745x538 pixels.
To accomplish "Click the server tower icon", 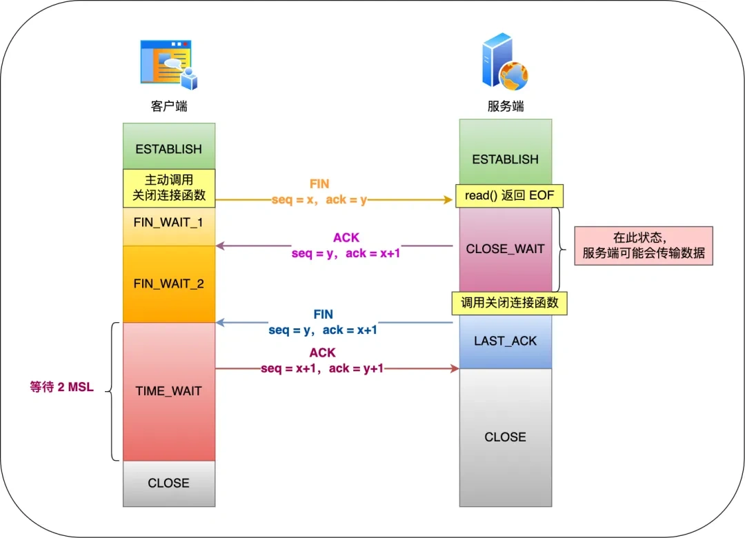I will click(x=505, y=63).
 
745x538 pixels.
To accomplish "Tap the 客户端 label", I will click(x=169, y=106).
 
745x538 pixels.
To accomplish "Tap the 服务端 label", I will click(x=506, y=106).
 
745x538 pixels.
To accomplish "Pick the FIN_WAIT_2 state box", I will click(x=169, y=283).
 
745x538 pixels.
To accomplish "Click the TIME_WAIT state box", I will click(x=169, y=391).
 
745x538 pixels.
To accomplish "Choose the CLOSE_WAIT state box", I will click(x=506, y=249).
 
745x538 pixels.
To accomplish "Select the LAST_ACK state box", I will click(x=506, y=341).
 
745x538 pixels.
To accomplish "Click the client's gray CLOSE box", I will click(x=169, y=483).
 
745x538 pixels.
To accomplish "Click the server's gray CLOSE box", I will click(x=506, y=437).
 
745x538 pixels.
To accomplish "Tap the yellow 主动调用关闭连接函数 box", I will click(x=169, y=188).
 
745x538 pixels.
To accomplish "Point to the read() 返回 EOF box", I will click(x=509, y=196).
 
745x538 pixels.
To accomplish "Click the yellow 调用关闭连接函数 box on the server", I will click(x=509, y=303).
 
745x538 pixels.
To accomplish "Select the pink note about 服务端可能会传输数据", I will click(x=643, y=246).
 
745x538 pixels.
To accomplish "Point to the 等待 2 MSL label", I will click(x=62, y=388).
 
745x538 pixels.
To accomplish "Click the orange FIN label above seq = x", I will click(x=319, y=184).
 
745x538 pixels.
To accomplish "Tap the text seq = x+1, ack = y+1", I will click(x=322, y=368).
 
